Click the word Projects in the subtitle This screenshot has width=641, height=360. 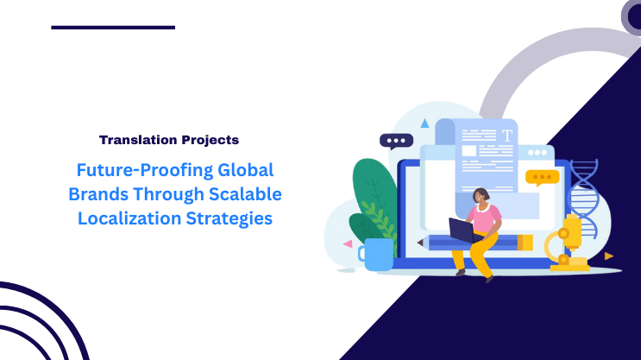[208, 139]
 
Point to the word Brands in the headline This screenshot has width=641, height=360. [97, 193]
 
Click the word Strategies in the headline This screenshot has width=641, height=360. [231, 218]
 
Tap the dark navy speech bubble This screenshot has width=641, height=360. [396, 142]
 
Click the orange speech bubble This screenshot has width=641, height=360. [542, 178]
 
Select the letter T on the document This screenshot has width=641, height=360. [507, 136]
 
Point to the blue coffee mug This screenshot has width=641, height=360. [376, 254]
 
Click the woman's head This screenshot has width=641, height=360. [481, 196]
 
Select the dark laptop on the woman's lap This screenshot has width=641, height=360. [462, 230]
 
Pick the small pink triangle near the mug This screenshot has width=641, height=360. [348, 243]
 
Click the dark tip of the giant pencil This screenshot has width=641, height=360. [421, 243]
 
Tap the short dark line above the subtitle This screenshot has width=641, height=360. [113, 28]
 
